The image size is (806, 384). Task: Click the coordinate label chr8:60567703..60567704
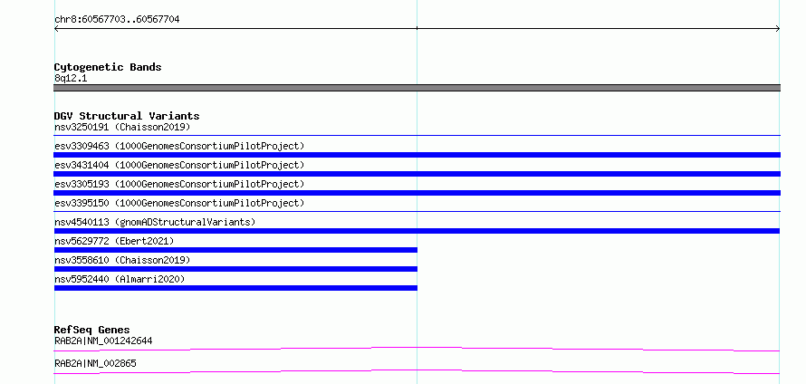tap(117, 20)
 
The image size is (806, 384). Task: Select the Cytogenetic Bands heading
tap(108, 67)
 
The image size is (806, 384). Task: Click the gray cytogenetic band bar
tap(417, 88)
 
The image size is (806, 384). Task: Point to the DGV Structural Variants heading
tap(127, 116)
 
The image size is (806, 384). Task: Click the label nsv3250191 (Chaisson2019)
tap(122, 127)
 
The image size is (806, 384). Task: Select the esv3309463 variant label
tap(179, 146)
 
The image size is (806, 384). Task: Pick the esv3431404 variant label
tap(179, 165)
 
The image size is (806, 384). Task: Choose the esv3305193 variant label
tap(179, 184)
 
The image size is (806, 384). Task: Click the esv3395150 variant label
tap(179, 203)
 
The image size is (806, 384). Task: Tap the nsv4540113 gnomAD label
tap(155, 222)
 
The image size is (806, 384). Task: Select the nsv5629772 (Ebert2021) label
tap(114, 241)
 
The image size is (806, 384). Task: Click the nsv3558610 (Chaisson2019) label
tap(122, 260)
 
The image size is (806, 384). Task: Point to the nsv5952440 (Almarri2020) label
tap(120, 279)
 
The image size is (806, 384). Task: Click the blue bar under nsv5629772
tap(235, 250)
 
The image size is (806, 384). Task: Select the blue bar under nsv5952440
tap(235, 288)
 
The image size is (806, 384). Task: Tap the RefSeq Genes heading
tap(92, 330)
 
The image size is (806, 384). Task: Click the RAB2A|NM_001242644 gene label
tap(103, 341)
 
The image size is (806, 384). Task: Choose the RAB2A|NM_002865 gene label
tap(96, 363)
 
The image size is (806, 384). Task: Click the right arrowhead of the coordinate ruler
tap(778, 29)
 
